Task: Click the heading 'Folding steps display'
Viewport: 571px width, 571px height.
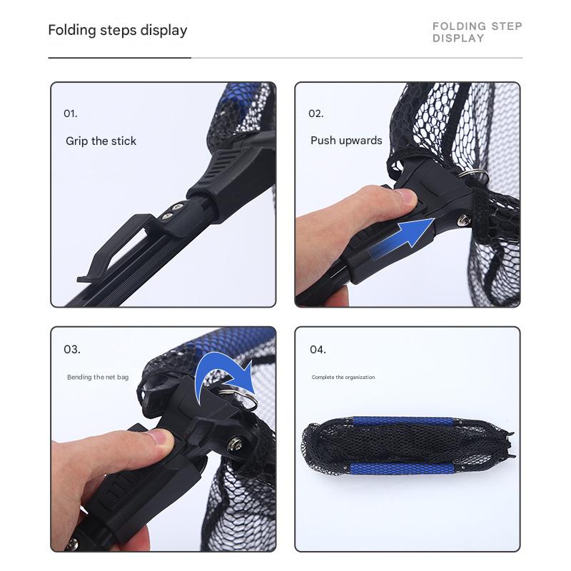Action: (118, 30)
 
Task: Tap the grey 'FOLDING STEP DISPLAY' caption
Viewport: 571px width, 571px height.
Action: (477, 32)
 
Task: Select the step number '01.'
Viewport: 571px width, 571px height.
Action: (70, 113)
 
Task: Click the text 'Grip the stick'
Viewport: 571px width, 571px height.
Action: (101, 141)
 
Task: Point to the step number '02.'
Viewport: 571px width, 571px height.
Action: (315, 113)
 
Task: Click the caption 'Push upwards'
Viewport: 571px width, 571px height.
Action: (346, 141)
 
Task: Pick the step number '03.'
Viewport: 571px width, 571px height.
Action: (72, 350)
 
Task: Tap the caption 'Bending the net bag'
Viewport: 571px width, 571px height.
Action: (98, 377)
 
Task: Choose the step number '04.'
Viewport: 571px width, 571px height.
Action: (318, 350)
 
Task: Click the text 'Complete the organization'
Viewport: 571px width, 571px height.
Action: (343, 378)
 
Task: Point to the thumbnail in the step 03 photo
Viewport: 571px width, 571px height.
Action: (165, 437)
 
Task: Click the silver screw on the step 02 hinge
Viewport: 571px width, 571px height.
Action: (463, 221)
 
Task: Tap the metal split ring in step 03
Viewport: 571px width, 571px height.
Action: (239, 398)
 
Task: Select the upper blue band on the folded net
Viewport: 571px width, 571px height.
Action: (403, 422)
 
